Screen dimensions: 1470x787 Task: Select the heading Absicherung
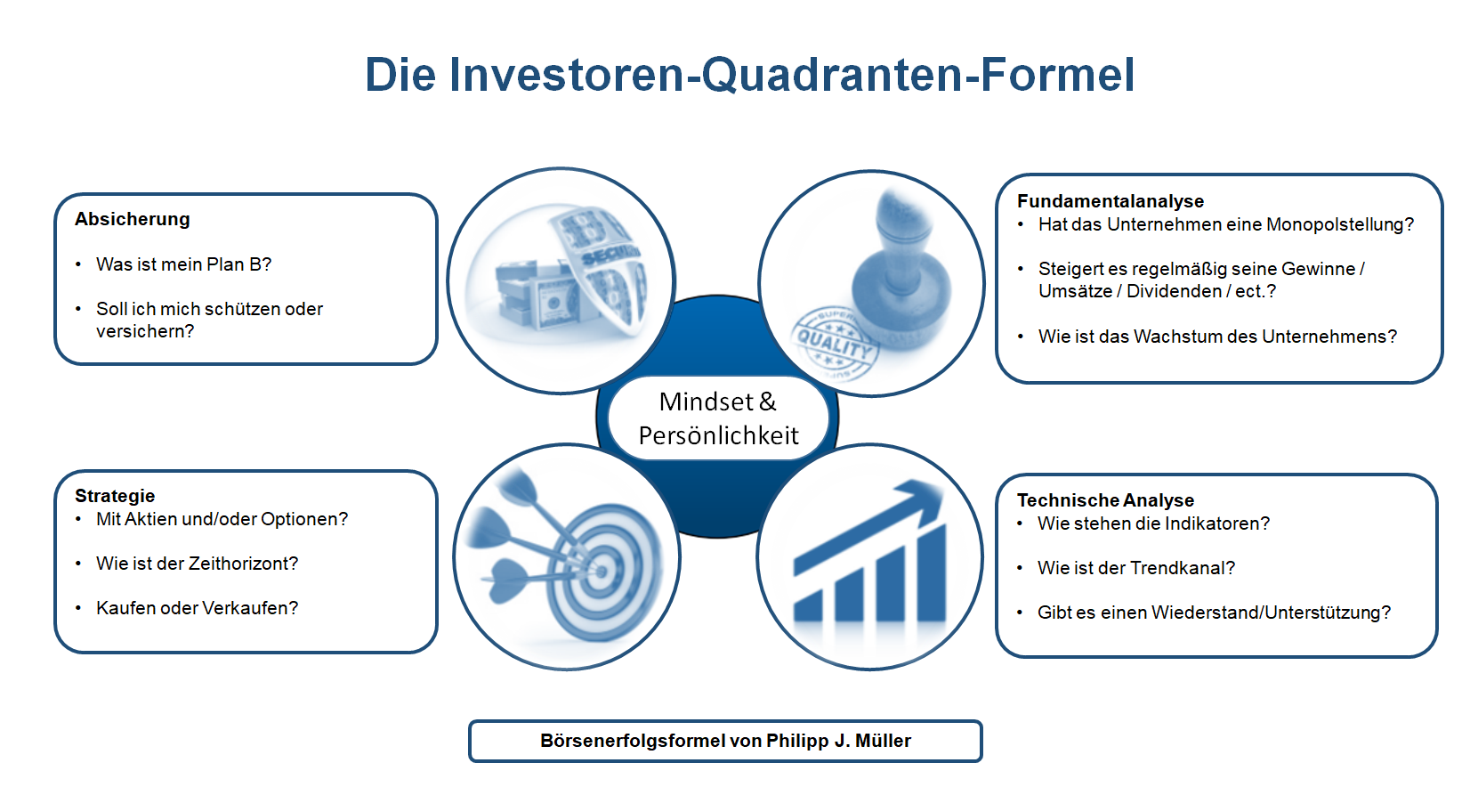133,219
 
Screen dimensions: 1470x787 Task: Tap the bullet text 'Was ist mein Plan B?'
183,264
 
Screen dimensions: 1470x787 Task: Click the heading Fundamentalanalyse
1111,201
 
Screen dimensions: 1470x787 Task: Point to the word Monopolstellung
1340,225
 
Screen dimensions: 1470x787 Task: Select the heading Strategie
115,496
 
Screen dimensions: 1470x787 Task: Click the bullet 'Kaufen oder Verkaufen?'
197,608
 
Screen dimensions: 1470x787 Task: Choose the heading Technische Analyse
1105,500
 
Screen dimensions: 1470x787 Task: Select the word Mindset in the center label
707,402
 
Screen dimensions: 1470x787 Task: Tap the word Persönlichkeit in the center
719,436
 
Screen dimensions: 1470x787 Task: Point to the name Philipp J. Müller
839,741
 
